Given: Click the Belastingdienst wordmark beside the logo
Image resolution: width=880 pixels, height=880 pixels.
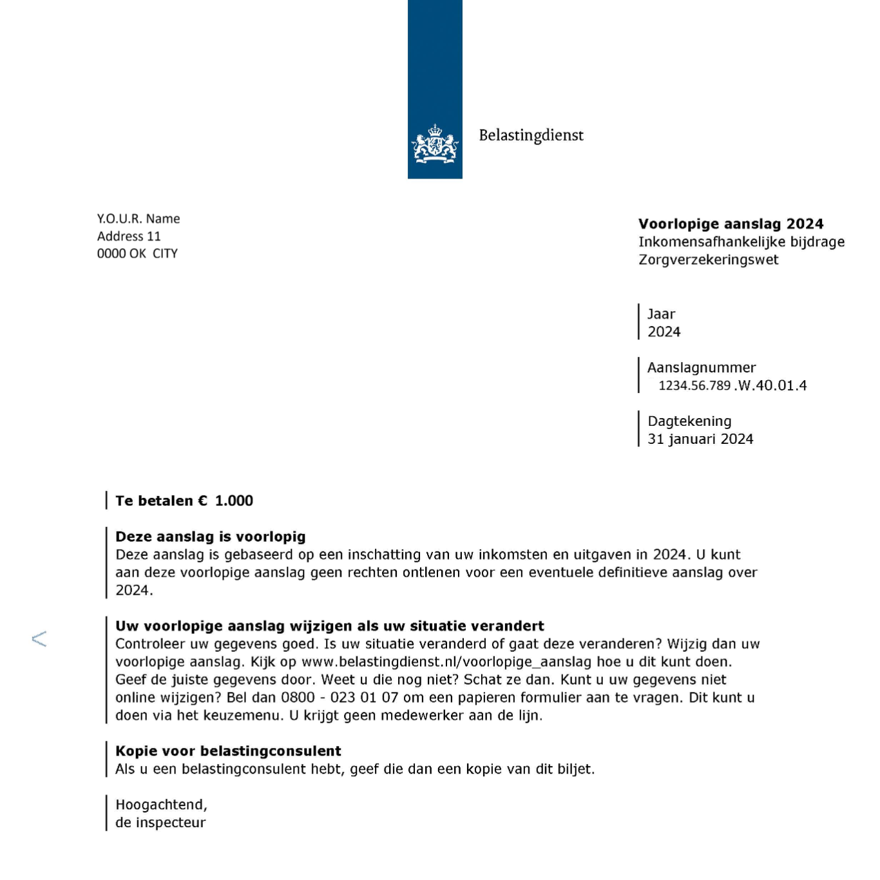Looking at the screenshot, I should pyautogui.click(x=531, y=135).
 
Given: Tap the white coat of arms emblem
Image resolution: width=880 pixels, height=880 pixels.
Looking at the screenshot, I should pyautogui.click(x=435, y=144).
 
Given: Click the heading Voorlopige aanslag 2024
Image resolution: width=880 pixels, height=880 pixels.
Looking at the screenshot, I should pyautogui.click(x=731, y=224).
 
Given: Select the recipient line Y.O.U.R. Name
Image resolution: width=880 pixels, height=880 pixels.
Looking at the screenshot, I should pyautogui.click(x=139, y=219).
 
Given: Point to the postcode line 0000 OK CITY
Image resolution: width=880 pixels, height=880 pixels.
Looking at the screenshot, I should pyautogui.click(x=137, y=254).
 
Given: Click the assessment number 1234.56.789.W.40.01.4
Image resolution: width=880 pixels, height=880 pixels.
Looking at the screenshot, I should pyautogui.click(x=732, y=386).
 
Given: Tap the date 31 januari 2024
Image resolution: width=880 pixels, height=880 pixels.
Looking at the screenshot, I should pyautogui.click(x=700, y=439).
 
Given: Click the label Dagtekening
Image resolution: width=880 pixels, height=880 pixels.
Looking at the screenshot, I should pyautogui.click(x=689, y=421).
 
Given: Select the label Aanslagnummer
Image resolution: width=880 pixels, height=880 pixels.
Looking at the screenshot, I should pyautogui.click(x=701, y=368).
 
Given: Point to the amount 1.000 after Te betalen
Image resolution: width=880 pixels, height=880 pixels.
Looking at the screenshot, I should pyautogui.click(x=234, y=501).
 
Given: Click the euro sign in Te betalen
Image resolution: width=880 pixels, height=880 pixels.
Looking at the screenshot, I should pyautogui.click(x=203, y=501).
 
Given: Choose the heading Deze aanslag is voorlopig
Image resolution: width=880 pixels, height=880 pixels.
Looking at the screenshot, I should pyautogui.click(x=210, y=537).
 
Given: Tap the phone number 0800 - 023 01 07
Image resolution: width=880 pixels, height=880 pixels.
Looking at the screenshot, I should pyautogui.click(x=340, y=698).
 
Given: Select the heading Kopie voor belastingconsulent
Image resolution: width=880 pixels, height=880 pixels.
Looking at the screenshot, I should pyautogui.click(x=228, y=751).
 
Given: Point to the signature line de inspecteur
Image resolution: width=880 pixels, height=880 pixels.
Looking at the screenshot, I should pyautogui.click(x=160, y=823).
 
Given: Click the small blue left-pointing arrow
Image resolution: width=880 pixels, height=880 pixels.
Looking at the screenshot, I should pyautogui.click(x=39, y=639).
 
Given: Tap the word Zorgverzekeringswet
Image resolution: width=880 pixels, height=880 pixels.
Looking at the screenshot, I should pyautogui.click(x=708, y=260).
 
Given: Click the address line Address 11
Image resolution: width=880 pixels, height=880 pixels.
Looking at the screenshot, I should pyautogui.click(x=129, y=236).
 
